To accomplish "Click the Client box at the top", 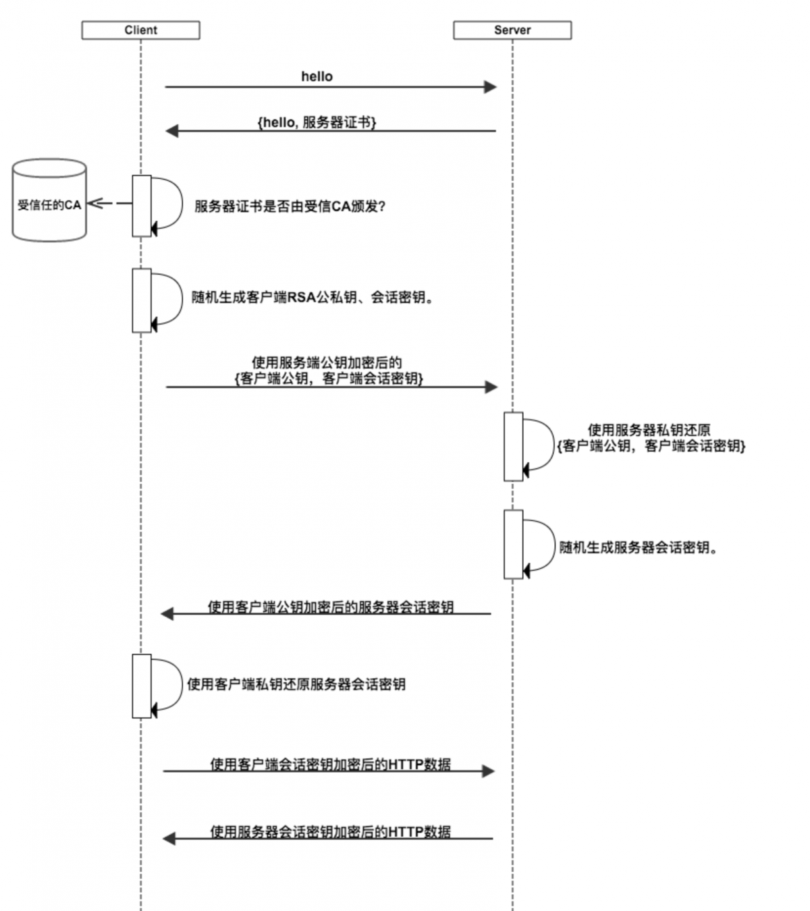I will (140, 30).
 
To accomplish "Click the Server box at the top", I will (512, 30).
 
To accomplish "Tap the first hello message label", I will (317, 76).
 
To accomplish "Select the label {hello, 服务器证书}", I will (317, 122).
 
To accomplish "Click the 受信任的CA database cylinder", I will (49, 201).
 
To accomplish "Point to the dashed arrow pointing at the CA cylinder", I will (108, 203).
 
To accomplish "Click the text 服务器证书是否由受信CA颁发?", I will (290, 206).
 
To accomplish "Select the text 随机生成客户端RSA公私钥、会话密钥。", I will (313, 298).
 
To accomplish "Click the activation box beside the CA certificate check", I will (142, 206).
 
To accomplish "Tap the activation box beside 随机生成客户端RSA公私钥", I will (142, 300).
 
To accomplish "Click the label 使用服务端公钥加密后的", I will (327, 363).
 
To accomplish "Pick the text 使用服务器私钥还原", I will (649, 430).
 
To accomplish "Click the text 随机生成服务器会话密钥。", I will (638, 547).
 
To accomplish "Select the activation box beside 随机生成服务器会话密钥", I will (513, 544).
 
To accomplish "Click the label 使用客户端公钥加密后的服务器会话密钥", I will (330, 607).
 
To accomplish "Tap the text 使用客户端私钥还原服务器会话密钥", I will (296, 684).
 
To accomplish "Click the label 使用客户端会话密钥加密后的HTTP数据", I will (330, 764).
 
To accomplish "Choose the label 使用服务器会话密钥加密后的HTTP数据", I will (330, 831).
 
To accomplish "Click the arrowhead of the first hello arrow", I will (490, 86).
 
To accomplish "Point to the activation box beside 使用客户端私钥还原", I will (142, 686).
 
